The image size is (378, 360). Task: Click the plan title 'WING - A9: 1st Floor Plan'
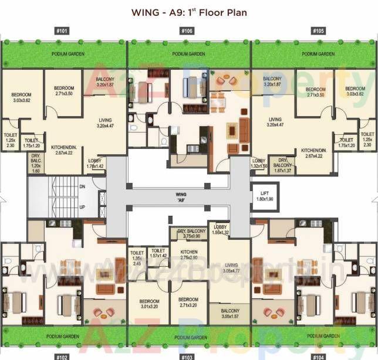(189, 12)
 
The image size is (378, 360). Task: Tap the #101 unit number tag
(61, 30)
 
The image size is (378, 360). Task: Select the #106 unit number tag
(187, 30)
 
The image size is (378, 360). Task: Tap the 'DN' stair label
(82, 186)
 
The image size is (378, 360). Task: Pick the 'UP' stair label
(82, 208)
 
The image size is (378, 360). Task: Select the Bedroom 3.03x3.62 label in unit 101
(21, 98)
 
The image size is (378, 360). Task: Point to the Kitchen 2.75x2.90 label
(189, 254)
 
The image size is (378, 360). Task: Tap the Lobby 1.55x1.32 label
(221, 229)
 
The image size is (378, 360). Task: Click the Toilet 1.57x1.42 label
(158, 253)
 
